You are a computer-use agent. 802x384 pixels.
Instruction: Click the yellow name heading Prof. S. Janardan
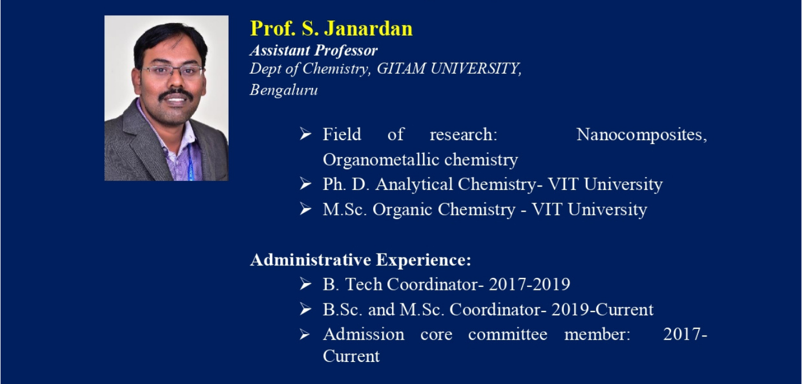(331, 29)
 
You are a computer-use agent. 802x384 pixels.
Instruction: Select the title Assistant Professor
(314, 50)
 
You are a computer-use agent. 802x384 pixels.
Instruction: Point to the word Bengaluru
(284, 90)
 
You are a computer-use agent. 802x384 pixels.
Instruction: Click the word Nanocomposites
(641, 135)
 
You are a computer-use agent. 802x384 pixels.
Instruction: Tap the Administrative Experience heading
(361, 260)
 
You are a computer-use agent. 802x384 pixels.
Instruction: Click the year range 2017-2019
(529, 284)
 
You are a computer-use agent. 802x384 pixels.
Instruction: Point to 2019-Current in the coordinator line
(602, 310)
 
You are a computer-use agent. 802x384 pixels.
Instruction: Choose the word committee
(508, 335)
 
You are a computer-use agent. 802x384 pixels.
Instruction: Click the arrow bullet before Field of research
(305, 134)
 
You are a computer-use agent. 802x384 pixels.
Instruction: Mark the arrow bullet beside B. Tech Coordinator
(305, 284)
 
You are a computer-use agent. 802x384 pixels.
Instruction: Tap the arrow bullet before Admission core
(305, 335)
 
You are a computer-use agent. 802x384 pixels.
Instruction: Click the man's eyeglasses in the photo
(172, 71)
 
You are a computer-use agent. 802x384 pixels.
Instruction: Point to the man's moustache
(176, 95)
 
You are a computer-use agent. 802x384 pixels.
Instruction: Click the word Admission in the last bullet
(364, 335)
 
